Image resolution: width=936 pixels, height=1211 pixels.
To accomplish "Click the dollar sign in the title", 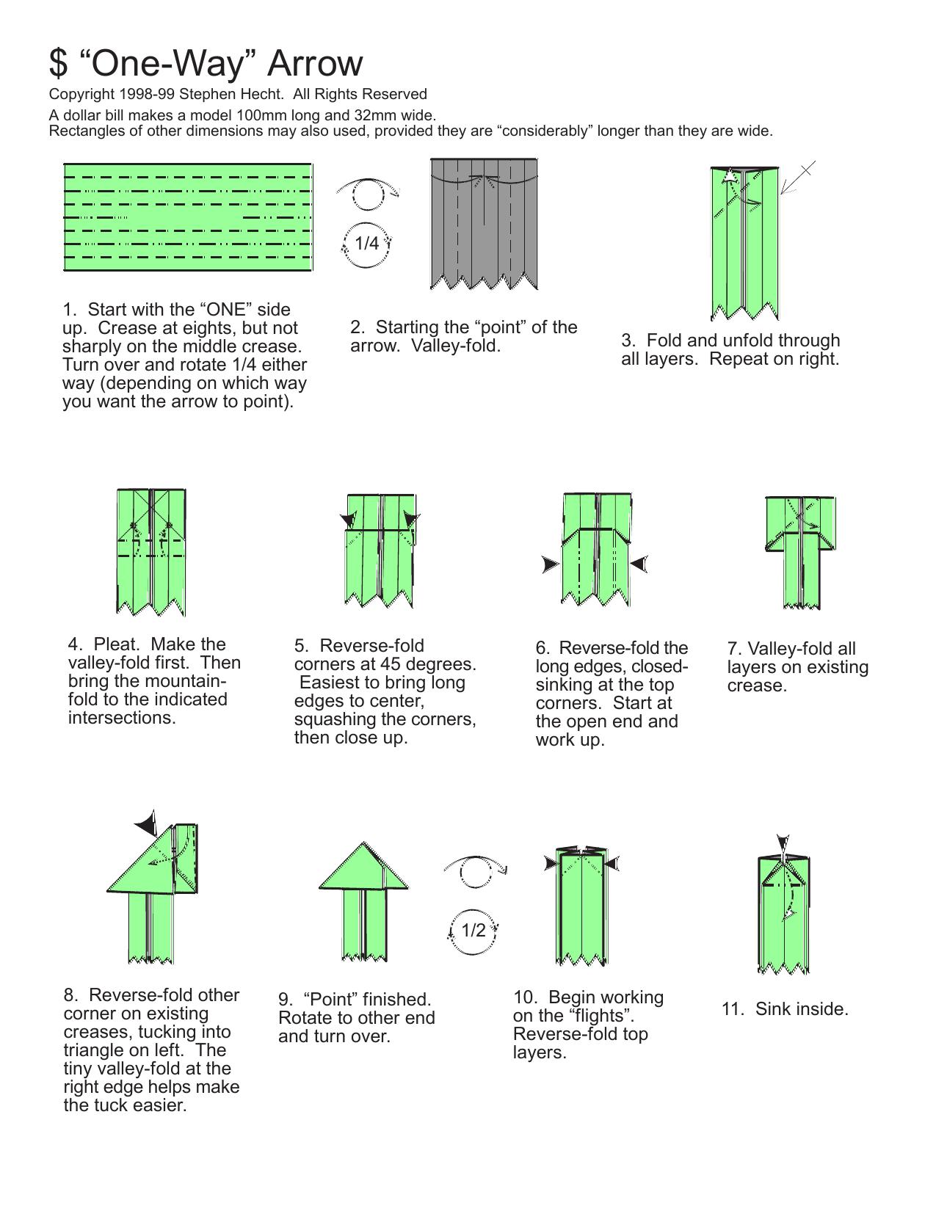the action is click(58, 63).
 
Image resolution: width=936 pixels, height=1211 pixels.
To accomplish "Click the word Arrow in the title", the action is click(315, 63).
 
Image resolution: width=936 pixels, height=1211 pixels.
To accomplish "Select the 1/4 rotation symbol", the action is click(366, 244).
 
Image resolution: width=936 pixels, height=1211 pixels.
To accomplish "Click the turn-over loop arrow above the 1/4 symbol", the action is click(368, 194).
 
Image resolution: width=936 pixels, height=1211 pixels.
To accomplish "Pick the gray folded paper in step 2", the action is click(484, 224).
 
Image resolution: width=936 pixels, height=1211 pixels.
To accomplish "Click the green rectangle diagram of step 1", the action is click(188, 217).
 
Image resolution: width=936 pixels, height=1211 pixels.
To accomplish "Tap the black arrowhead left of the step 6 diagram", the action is click(551, 564).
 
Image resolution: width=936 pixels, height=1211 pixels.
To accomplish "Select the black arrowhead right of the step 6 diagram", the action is click(639, 564).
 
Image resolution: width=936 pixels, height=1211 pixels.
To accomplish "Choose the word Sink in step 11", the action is click(774, 1008).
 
